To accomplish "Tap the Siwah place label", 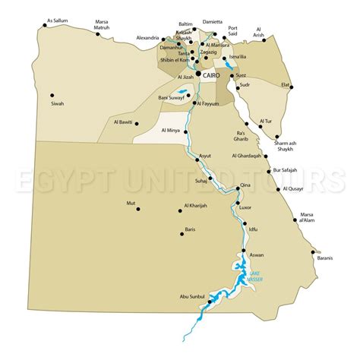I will point(58,103).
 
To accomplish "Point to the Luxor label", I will point(245,206).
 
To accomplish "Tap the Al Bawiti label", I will point(122,122).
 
